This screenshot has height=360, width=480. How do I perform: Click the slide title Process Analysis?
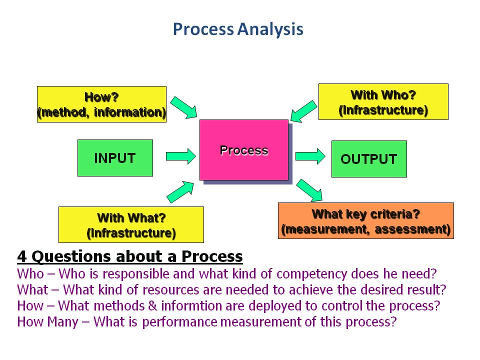[x=238, y=29]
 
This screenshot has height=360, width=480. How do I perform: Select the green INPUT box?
[x=115, y=158]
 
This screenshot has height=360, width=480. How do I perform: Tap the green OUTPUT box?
[x=369, y=159]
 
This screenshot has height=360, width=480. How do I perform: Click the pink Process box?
[x=244, y=150]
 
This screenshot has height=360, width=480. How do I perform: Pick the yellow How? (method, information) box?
[x=101, y=104]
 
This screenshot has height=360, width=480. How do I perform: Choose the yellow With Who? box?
[x=383, y=102]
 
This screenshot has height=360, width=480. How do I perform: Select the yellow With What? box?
[x=131, y=225]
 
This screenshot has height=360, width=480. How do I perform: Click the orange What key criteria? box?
[x=365, y=221]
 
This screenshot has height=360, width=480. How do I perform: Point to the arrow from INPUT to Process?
[x=180, y=156]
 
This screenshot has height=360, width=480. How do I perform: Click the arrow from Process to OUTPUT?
[x=310, y=156]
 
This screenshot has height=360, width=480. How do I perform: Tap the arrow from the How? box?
[x=184, y=107]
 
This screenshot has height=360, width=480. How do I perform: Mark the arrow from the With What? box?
[x=180, y=191]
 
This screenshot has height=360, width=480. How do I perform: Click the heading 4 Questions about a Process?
[x=130, y=256]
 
